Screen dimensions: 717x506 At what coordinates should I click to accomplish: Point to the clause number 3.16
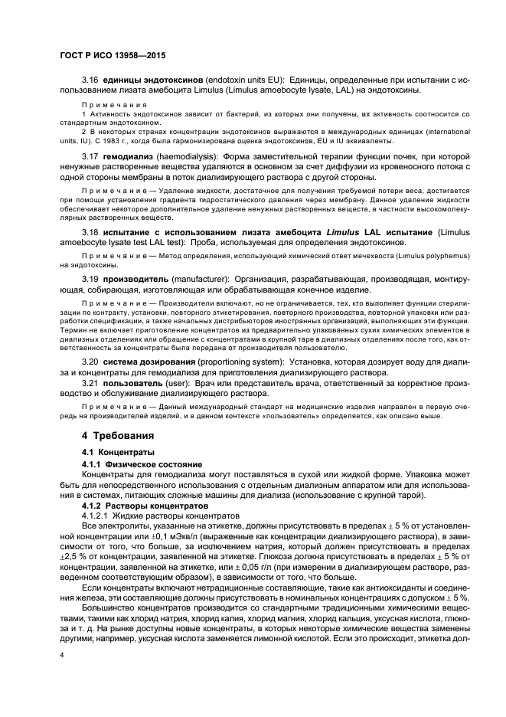click(90, 80)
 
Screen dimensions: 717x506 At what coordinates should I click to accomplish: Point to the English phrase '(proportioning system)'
click(248, 360)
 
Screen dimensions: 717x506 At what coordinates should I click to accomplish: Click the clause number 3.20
click(90, 360)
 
